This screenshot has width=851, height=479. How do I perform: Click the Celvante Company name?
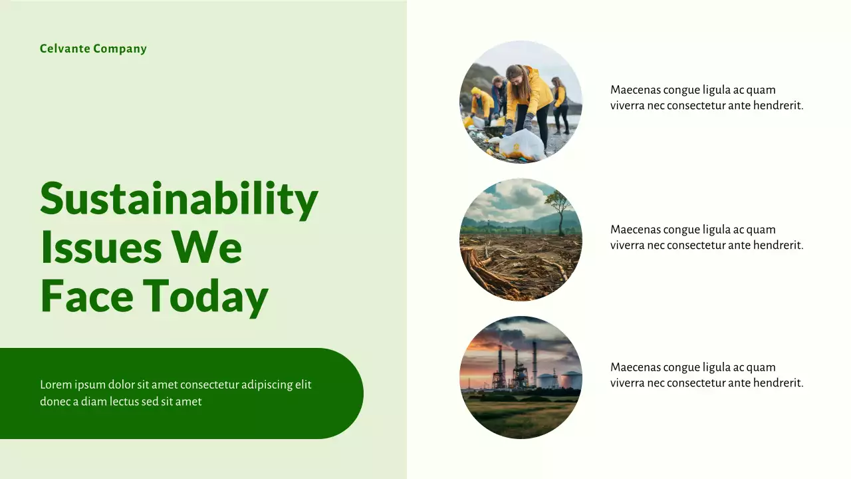[93, 49]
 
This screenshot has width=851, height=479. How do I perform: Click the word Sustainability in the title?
[179, 198]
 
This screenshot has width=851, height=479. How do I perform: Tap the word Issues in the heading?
[101, 247]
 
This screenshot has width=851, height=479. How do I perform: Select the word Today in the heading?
[205, 296]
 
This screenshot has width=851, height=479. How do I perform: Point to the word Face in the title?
[86, 296]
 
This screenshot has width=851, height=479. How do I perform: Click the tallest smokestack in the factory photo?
[534, 363]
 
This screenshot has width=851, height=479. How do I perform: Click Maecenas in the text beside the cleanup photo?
[635, 90]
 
